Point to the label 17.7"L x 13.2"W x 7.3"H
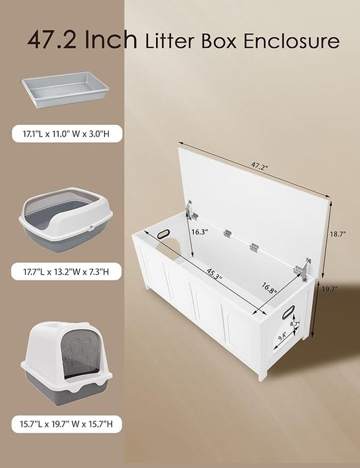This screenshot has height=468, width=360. coord(66,273)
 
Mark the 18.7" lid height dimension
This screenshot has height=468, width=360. coord(338,235)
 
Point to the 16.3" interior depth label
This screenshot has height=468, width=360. coord(199,231)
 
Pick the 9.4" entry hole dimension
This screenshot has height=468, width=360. coord(282,332)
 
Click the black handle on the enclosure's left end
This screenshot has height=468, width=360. coord(164,234)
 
